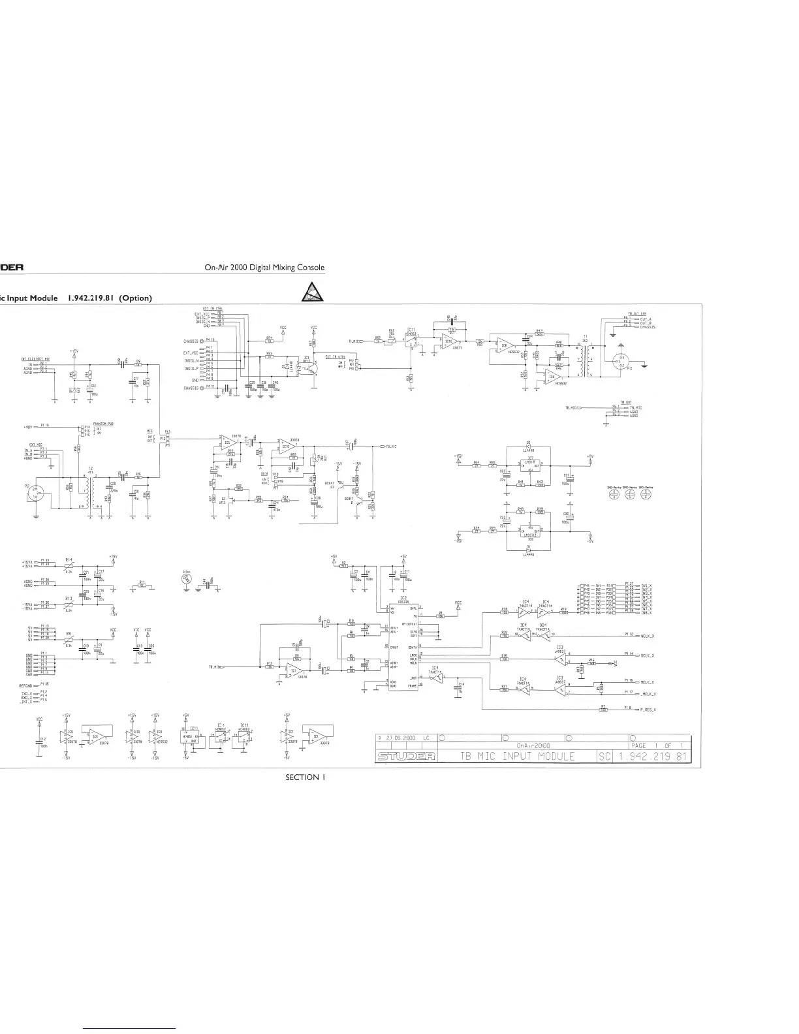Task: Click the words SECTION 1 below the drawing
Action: tap(305, 777)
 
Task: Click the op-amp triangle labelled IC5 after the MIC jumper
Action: tap(227, 442)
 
